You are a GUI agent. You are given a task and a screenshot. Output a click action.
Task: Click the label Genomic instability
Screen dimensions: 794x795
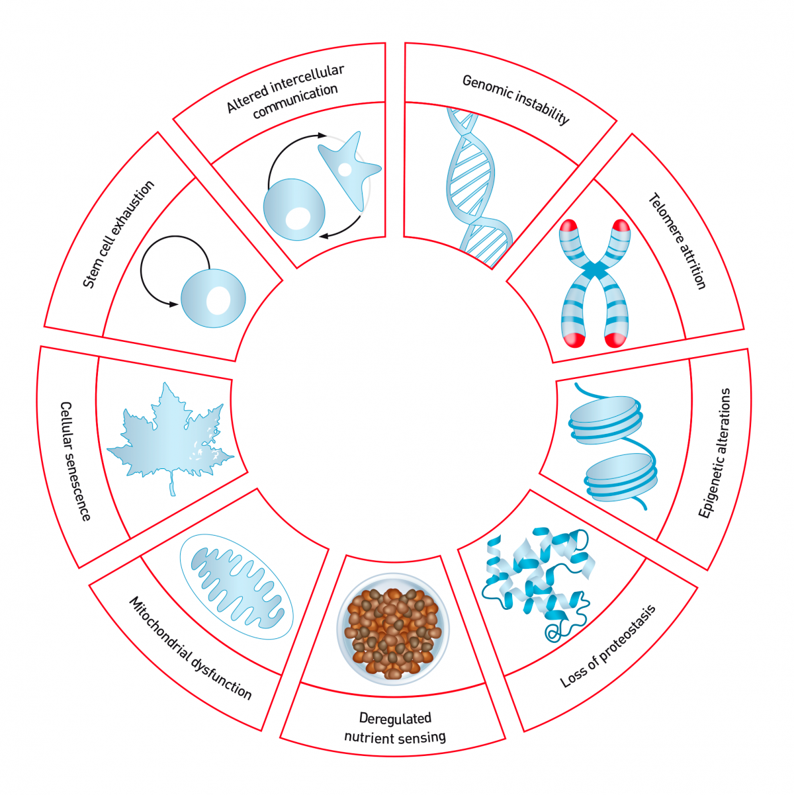coord(515,99)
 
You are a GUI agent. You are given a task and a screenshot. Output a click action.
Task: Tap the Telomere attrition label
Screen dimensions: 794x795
coord(677,241)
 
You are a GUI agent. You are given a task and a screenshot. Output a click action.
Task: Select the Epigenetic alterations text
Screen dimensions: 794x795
coord(715,452)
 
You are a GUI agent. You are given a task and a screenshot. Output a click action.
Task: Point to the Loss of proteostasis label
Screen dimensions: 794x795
coord(607,646)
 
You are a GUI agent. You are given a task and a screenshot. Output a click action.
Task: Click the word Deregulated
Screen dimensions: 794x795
coord(395,718)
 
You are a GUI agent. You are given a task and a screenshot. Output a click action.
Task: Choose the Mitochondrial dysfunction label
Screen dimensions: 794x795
coord(191,648)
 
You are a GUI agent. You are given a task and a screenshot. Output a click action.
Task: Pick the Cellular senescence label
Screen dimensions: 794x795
coord(75,461)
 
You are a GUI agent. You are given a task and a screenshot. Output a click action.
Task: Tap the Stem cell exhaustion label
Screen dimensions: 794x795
coord(118,234)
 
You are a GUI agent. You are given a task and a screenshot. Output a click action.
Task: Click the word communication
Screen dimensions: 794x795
coord(295,101)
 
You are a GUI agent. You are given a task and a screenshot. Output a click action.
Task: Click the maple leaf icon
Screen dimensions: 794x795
coord(170,438)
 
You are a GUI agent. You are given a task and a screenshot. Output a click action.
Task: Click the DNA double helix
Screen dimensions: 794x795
coord(478,188)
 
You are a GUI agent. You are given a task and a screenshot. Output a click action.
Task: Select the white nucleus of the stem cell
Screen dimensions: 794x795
coord(218,300)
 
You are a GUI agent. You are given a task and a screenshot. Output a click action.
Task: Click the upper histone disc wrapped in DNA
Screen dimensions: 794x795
coord(605,421)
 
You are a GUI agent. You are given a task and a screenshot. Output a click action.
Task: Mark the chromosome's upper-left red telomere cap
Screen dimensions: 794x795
coord(568,228)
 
